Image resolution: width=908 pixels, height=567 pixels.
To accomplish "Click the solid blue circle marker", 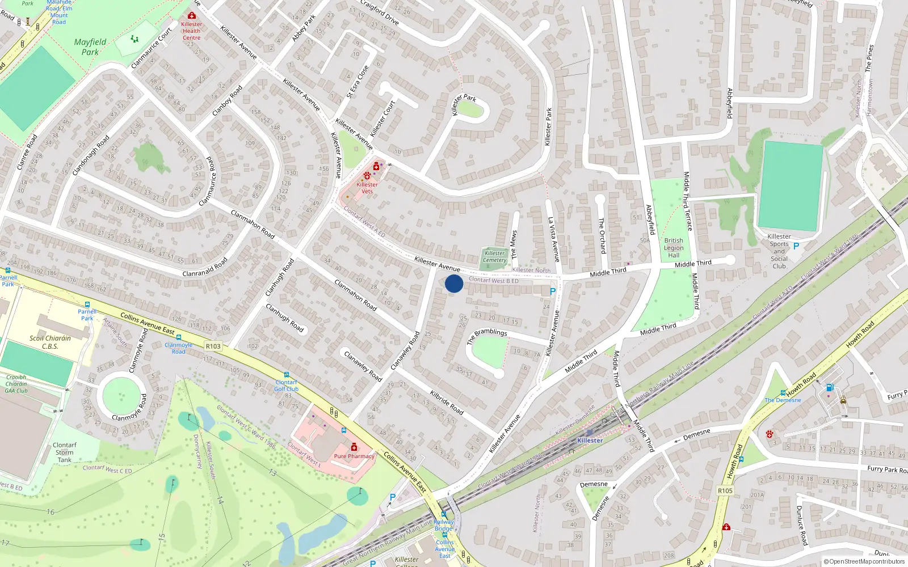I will (x=454, y=283).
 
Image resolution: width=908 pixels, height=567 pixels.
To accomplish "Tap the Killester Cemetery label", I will (x=494, y=257).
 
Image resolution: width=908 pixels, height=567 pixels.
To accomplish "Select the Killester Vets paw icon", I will (x=367, y=176).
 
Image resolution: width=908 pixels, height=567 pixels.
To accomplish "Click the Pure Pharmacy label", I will (x=354, y=456).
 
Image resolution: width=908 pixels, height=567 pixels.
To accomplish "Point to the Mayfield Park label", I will (x=90, y=47).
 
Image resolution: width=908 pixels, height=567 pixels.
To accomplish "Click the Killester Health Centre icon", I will (x=192, y=16).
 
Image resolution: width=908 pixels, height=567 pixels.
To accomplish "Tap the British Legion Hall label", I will (x=674, y=248).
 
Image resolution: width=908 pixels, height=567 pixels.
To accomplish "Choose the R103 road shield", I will (x=213, y=346).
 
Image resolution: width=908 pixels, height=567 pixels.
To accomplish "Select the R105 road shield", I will (x=725, y=490).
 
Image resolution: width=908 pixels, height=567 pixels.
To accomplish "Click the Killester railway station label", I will (x=590, y=441).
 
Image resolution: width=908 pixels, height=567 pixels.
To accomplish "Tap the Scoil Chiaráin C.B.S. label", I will (x=50, y=342).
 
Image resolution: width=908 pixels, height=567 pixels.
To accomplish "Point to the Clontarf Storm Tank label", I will (x=65, y=452).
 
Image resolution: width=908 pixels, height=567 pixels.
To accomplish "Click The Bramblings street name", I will (x=486, y=336).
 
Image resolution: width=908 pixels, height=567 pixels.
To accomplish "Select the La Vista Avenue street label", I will (x=553, y=239).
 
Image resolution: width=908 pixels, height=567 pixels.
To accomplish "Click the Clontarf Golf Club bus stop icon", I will (x=286, y=375).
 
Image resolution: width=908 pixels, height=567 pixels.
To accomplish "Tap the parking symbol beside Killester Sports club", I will (x=796, y=246).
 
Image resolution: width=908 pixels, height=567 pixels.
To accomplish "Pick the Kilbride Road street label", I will (x=447, y=401).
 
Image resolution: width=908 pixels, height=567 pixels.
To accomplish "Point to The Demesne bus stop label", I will (x=783, y=400).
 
